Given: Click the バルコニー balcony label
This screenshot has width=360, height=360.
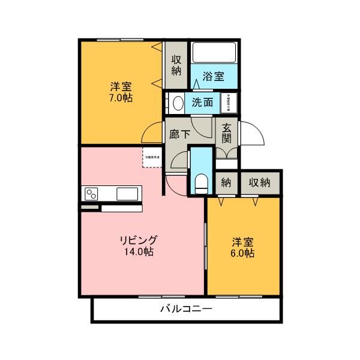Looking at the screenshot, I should tap(186, 310).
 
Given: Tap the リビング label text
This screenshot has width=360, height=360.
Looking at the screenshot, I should tap(139, 240).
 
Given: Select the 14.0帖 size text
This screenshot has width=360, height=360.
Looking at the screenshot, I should tap(139, 252).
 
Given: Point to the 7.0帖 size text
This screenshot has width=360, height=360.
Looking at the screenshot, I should tap(121, 98).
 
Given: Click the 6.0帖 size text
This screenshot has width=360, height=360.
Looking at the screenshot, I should tap(243, 253).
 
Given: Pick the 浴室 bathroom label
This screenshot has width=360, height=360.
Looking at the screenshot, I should tap(213, 76).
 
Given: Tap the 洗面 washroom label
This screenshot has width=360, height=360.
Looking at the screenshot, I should tap(202, 103).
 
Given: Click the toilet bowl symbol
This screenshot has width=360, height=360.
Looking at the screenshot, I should tap(201, 182).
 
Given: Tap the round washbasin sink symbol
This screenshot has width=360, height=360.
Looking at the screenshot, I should tap(178, 103).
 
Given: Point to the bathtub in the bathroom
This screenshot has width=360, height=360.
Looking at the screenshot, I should tap(214, 53).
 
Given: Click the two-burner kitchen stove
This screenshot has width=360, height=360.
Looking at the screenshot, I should tap(92, 194).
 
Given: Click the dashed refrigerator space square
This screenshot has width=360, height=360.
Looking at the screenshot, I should tap(152, 157).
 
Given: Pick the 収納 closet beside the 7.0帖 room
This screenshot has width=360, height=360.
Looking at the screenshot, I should tap(176, 65).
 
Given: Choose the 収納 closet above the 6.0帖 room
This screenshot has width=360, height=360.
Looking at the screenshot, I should tap(260, 182).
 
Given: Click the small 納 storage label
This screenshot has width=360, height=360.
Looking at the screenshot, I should tap(226, 182).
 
